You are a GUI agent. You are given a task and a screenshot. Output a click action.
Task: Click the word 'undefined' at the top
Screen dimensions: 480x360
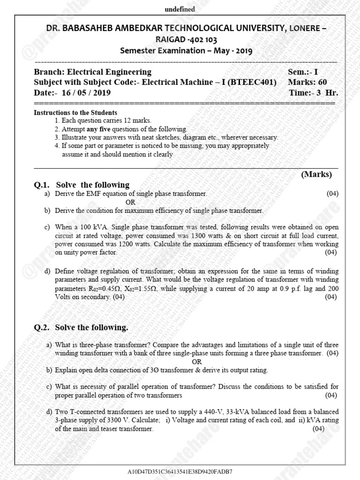tap(180, 9)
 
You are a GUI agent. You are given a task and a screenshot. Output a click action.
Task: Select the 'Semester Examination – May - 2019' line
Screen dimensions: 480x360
tap(186, 51)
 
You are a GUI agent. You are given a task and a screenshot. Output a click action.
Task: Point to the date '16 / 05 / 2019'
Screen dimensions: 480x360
tap(84, 93)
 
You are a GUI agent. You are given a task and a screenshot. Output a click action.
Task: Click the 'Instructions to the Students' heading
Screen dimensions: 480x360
tap(75, 113)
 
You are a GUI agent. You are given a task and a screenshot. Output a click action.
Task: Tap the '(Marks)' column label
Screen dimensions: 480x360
tap(316, 174)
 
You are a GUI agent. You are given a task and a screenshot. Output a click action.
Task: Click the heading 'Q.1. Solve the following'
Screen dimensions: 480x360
tap(82, 185)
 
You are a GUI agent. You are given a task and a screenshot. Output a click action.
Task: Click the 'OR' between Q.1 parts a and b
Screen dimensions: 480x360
tap(130, 202)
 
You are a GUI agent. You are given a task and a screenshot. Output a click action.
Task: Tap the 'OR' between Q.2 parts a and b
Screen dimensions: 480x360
tap(197, 361)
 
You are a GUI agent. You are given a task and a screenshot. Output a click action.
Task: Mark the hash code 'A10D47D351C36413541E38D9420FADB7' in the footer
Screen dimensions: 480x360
tap(180, 471)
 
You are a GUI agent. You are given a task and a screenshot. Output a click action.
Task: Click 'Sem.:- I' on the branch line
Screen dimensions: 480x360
tap(303, 72)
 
